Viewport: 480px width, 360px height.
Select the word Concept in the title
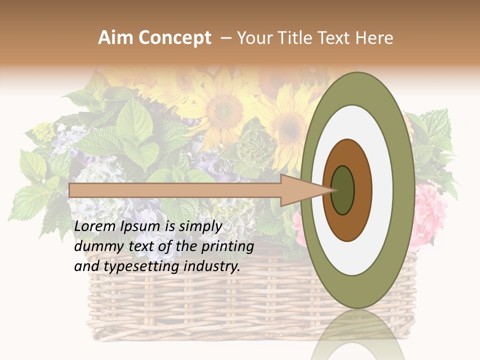coord(174,38)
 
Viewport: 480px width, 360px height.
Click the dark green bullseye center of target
coord(343,190)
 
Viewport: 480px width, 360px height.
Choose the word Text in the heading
coord(336,38)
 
